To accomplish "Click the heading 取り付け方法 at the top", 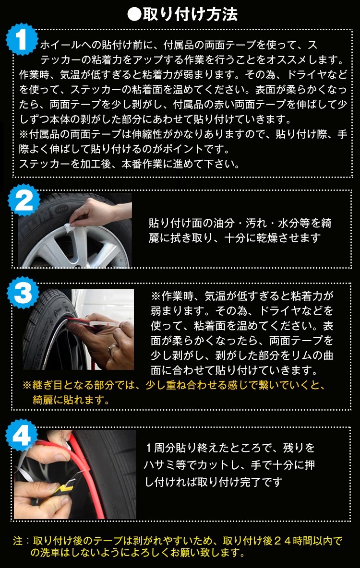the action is tap(190, 14).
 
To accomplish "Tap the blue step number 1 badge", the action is tap(22, 39).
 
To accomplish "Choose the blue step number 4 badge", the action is tap(22, 436).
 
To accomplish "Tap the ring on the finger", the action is tap(112, 350).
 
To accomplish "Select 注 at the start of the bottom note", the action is tap(18, 541).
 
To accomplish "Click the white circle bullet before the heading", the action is tap(134, 14).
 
